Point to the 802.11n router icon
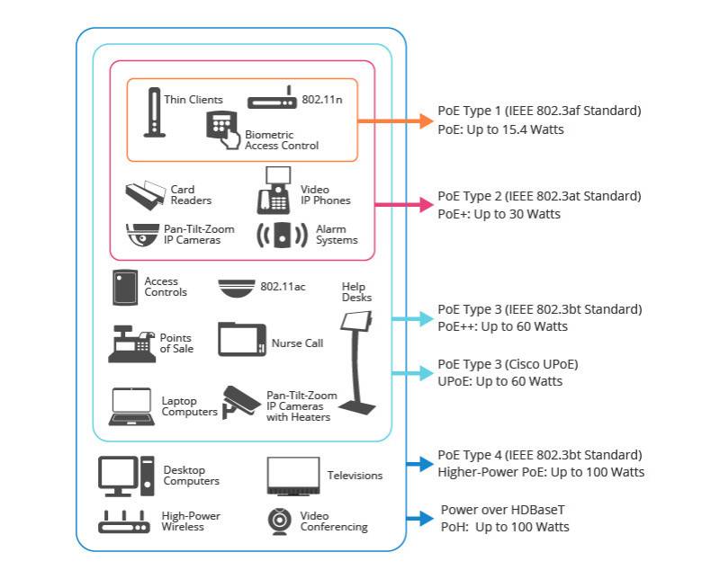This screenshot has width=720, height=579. (x=273, y=99)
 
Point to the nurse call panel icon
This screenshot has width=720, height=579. (x=242, y=340)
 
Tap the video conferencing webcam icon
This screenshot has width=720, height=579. (x=279, y=521)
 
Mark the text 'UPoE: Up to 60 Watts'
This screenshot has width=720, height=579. (x=499, y=381)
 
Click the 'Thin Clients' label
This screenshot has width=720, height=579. (x=193, y=100)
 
